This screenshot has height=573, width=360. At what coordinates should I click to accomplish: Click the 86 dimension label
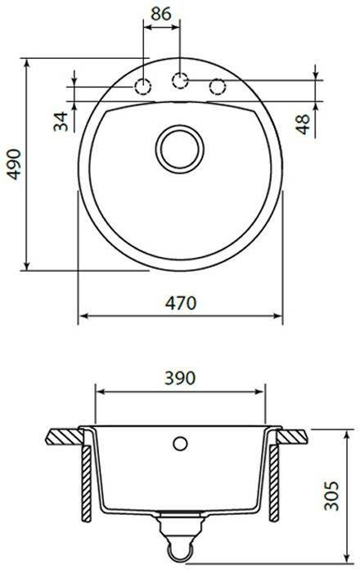tap(161, 14)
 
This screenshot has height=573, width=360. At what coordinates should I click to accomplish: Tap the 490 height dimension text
tap(15, 164)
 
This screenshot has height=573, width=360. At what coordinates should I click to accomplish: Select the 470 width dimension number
tap(181, 303)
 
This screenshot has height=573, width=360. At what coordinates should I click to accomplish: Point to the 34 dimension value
tap(61, 121)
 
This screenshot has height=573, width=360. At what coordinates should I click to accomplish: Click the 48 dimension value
tap(302, 124)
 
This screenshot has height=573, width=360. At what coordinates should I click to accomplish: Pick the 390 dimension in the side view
tap(180, 378)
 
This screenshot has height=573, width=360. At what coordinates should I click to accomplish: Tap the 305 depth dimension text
tap(331, 495)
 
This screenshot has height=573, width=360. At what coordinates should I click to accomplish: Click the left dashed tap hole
tap(142, 87)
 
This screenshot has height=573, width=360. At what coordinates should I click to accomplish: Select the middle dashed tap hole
tap(180, 80)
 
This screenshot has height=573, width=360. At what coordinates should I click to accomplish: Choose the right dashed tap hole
tap(218, 87)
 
